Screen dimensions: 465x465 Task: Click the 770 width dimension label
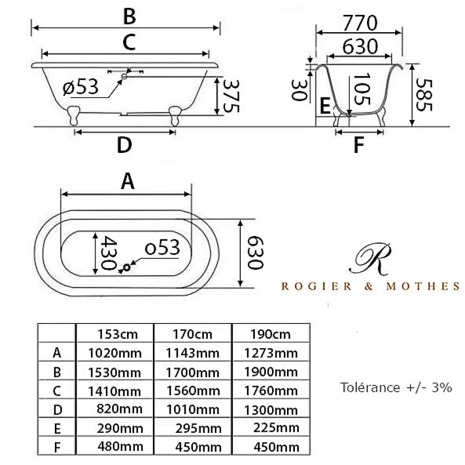(360, 23)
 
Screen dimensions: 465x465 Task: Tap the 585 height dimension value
(424, 95)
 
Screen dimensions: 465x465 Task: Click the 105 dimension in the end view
(362, 89)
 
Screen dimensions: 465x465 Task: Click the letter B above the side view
(130, 16)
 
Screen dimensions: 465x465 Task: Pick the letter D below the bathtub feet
(124, 145)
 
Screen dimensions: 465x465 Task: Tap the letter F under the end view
(359, 145)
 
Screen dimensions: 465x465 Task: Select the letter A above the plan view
(128, 181)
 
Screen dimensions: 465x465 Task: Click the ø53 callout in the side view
(80, 87)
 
